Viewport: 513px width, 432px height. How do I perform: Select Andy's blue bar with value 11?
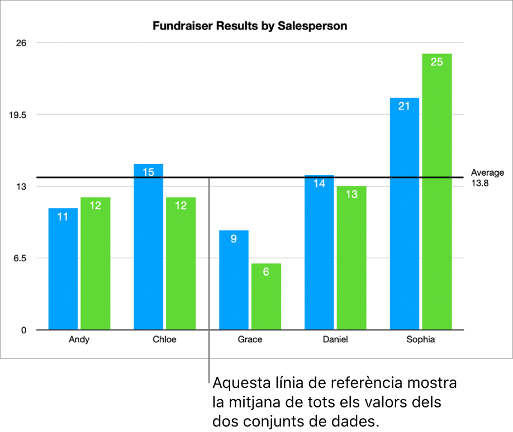(x=63, y=268)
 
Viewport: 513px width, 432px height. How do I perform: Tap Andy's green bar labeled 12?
(x=95, y=263)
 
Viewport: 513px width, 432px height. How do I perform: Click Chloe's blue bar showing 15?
(x=148, y=246)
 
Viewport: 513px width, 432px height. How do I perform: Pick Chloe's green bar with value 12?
(x=180, y=263)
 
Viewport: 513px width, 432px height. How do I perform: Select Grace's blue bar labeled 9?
(x=234, y=280)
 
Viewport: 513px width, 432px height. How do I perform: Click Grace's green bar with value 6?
(x=266, y=296)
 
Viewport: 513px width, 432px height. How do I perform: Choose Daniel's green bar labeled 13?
(x=351, y=257)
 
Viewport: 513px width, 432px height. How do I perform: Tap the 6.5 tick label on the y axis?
(x=20, y=258)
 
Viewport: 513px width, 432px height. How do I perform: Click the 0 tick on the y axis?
(x=24, y=330)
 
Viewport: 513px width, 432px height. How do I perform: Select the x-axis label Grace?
(x=250, y=339)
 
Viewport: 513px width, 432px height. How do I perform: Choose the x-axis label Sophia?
(x=421, y=339)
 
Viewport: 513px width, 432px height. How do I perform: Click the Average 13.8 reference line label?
(x=487, y=177)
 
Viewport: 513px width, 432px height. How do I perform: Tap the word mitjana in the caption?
(x=250, y=402)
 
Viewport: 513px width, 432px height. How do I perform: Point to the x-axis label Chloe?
(x=164, y=339)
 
